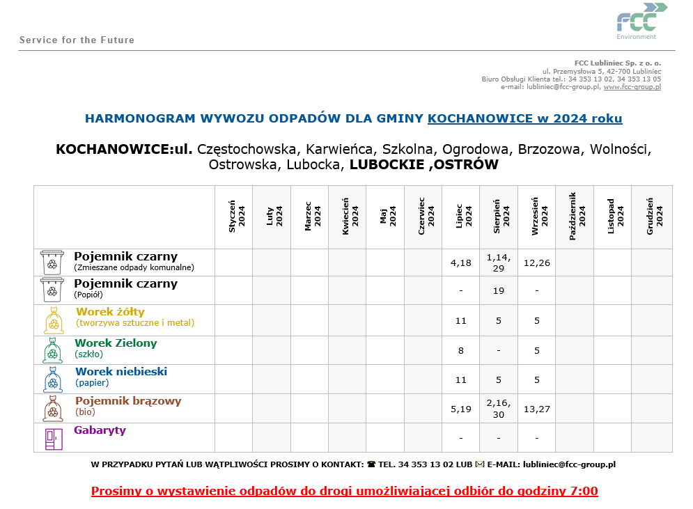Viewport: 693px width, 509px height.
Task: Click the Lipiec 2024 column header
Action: point(461,217)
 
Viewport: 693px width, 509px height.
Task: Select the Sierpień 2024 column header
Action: point(499,217)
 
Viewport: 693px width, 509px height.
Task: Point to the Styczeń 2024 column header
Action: point(233,217)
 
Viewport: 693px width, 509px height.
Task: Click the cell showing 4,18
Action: point(461,263)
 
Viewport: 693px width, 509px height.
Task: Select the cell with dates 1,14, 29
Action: point(499,263)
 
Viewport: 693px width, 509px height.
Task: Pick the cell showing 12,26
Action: point(537,263)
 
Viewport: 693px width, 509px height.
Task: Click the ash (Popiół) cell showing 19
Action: point(499,290)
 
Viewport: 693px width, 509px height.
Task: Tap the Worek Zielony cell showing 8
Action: point(461,351)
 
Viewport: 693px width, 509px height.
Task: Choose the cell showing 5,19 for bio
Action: point(461,409)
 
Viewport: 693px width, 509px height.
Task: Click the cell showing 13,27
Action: point(537,409)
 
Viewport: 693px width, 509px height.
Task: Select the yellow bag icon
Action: point(54,321)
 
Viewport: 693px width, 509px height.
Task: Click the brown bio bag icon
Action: point(52,409)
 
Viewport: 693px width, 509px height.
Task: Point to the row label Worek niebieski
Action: point(121,372)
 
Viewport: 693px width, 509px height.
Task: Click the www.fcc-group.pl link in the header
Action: point(632,87)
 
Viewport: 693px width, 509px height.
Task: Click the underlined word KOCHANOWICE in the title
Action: point(481,118)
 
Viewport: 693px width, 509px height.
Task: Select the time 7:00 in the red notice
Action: point(584,491)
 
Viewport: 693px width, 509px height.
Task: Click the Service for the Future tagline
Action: point(77,40)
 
